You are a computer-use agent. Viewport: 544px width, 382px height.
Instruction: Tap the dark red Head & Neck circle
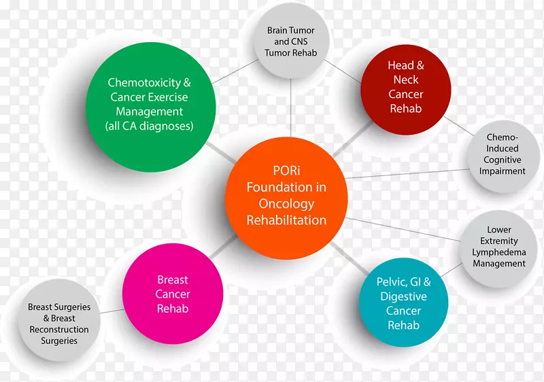pos(405,87)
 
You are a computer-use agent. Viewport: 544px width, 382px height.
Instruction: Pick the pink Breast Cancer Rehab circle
pos(173,294)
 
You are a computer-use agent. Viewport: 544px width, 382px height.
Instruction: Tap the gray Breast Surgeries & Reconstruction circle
pos(58,324)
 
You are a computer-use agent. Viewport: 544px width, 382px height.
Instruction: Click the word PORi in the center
pos(286,171)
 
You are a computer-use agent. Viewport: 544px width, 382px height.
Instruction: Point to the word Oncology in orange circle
pos(286,204)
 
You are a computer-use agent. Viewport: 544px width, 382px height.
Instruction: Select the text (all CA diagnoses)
pos(150,126)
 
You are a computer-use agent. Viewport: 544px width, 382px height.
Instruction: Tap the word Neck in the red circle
pos(406,80)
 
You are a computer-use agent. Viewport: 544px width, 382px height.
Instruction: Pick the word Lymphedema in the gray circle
pos(499,252)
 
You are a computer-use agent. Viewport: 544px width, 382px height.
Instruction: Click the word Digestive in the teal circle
pos(404,296)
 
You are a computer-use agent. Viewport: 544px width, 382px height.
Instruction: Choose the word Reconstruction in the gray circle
pos(58,330)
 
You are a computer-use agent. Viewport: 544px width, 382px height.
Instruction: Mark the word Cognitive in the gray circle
pos(503,160)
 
